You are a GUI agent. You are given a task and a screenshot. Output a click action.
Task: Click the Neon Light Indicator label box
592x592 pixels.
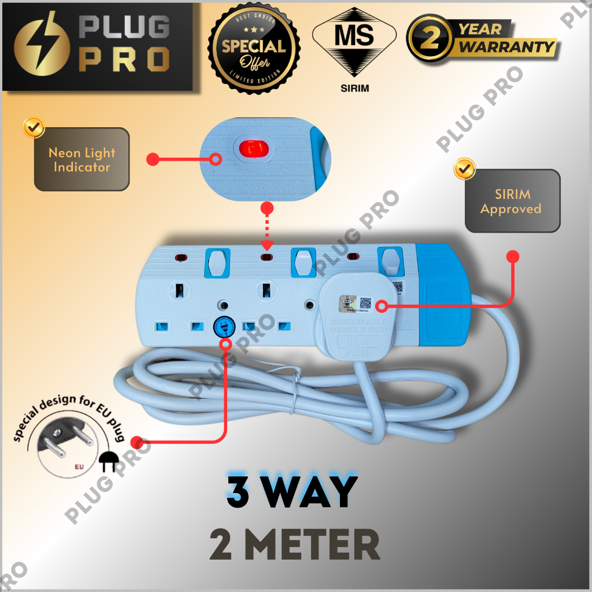82,160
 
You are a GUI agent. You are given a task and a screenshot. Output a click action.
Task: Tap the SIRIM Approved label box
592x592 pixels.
512,201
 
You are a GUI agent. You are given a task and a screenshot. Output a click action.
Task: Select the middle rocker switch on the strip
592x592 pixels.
301,262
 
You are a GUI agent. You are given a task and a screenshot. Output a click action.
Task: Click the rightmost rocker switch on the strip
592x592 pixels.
391,262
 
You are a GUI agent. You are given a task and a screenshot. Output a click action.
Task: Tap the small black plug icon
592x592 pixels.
108,461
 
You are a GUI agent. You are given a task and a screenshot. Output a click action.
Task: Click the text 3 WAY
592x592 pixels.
292,491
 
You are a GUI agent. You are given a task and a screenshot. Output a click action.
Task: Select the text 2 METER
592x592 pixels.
295,545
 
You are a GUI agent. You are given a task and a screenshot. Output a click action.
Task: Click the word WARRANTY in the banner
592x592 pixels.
506,47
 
